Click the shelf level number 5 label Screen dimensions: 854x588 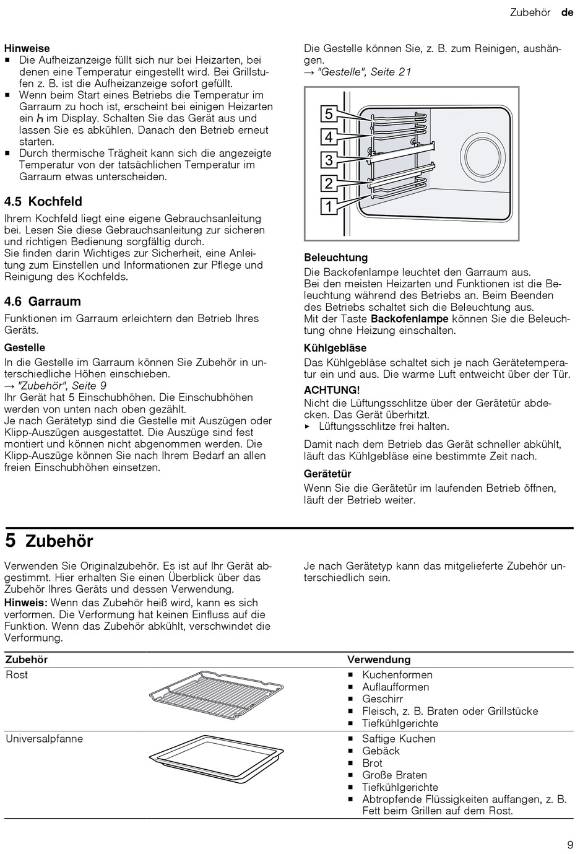(329, 114)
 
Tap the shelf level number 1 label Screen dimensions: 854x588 (329, 206)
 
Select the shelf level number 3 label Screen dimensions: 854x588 (329, 160)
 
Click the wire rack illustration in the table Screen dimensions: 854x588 (216, 695)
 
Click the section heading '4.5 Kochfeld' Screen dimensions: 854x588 (43, 201)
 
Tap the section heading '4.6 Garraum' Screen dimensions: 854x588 (43, 302)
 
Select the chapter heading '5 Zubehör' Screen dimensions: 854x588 (49, 541)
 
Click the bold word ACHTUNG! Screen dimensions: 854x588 (332, 390)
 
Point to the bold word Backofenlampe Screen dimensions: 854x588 (409, 319)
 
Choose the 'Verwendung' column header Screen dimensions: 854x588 (379, 660)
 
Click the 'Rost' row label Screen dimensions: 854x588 (17, 675)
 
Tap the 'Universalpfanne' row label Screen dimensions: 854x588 (44, 739)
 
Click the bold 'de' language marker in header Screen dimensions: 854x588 (567, 12)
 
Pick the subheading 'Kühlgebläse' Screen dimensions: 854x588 (335, 348)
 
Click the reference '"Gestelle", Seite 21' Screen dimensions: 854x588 (364, 72)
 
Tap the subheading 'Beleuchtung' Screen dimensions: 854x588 (335, 258)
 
